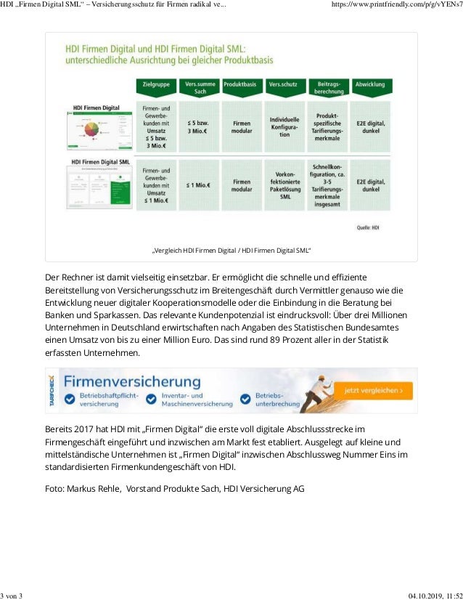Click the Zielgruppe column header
pyautogui.click(x=155, y=85)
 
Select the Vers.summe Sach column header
pyautogui.click(x=199, y=88)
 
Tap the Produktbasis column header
pyautogui.click(x=242, y=85)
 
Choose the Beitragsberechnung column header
pyautogui.click(x=328, y=88)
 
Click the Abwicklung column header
pyautogui.click(x=371, y=85)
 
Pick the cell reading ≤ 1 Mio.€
pyautogui.click(x=199, y=185)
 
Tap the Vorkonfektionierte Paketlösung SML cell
pyautogui.click(x=285, y=185)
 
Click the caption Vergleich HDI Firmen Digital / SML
pyautogui.click(x=231, y=251)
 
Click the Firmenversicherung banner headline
pyautogui.click(x=131, y=381)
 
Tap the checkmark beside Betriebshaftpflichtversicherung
pyautogui.click(x=70, y=399)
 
